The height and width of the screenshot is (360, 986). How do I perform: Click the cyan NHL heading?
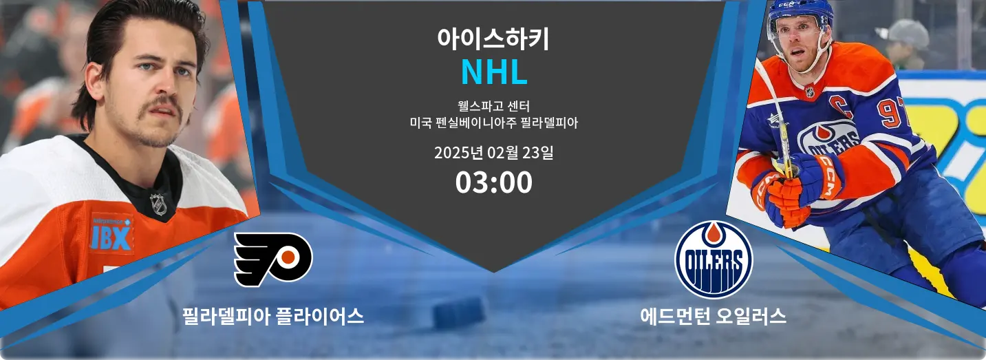coord(494,72)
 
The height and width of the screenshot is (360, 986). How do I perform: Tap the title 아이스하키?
coord(493,39)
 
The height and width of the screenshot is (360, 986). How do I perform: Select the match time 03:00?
coord(494,182)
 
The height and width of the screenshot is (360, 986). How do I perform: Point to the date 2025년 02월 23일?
coord(494,153)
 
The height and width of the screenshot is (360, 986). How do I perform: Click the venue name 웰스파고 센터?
coord(494,106)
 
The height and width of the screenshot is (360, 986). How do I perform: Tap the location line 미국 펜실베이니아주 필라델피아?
coord(494,123)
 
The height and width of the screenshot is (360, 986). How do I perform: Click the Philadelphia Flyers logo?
coord(273,260)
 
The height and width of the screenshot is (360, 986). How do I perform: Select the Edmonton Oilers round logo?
coord(714,260)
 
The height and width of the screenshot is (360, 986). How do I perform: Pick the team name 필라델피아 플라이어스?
coord(273,317)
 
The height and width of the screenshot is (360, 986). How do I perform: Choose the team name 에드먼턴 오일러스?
coord(714,317)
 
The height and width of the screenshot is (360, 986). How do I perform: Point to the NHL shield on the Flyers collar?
coord(158,204)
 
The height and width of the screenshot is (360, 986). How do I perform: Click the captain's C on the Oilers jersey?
coord(837,105)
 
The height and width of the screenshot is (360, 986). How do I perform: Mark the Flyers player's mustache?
coord(160,105)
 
